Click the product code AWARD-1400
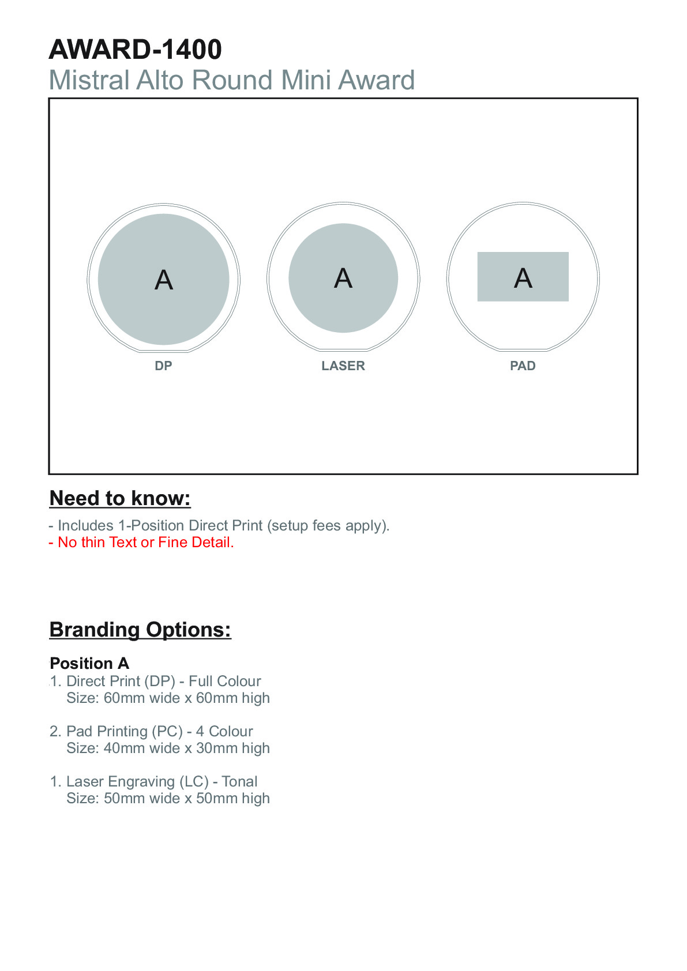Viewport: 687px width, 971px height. tap(136, 50)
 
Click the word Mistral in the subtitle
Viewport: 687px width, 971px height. tap(89, 80)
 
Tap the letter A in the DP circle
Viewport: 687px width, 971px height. tap(164, 280)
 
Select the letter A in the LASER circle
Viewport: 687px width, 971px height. tap(343, 278)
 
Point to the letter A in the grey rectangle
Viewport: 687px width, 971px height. tap(523, 278)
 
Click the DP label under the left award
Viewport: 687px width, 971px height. tap(163, 366)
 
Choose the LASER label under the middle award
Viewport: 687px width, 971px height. tap(343, 366)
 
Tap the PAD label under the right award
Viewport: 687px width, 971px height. tap(523, 366)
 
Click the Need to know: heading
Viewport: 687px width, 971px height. tap(120, 498)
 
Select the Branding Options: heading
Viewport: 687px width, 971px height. tap(140, 630)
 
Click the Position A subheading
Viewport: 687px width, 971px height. tap(89, 663)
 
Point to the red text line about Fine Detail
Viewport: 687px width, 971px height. tap(141, 543)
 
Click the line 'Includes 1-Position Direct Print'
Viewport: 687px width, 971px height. tap(219, 526)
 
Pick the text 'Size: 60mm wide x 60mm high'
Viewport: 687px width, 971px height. tap(168, 698)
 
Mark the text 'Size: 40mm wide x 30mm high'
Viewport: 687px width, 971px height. tap(168, 748)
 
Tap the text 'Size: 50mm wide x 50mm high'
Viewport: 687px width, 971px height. tap(168, 799)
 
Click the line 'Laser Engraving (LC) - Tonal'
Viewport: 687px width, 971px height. tap(162, 782)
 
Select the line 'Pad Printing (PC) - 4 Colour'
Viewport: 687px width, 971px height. tap(159, 732)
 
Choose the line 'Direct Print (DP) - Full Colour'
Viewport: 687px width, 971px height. tap(163, 682)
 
